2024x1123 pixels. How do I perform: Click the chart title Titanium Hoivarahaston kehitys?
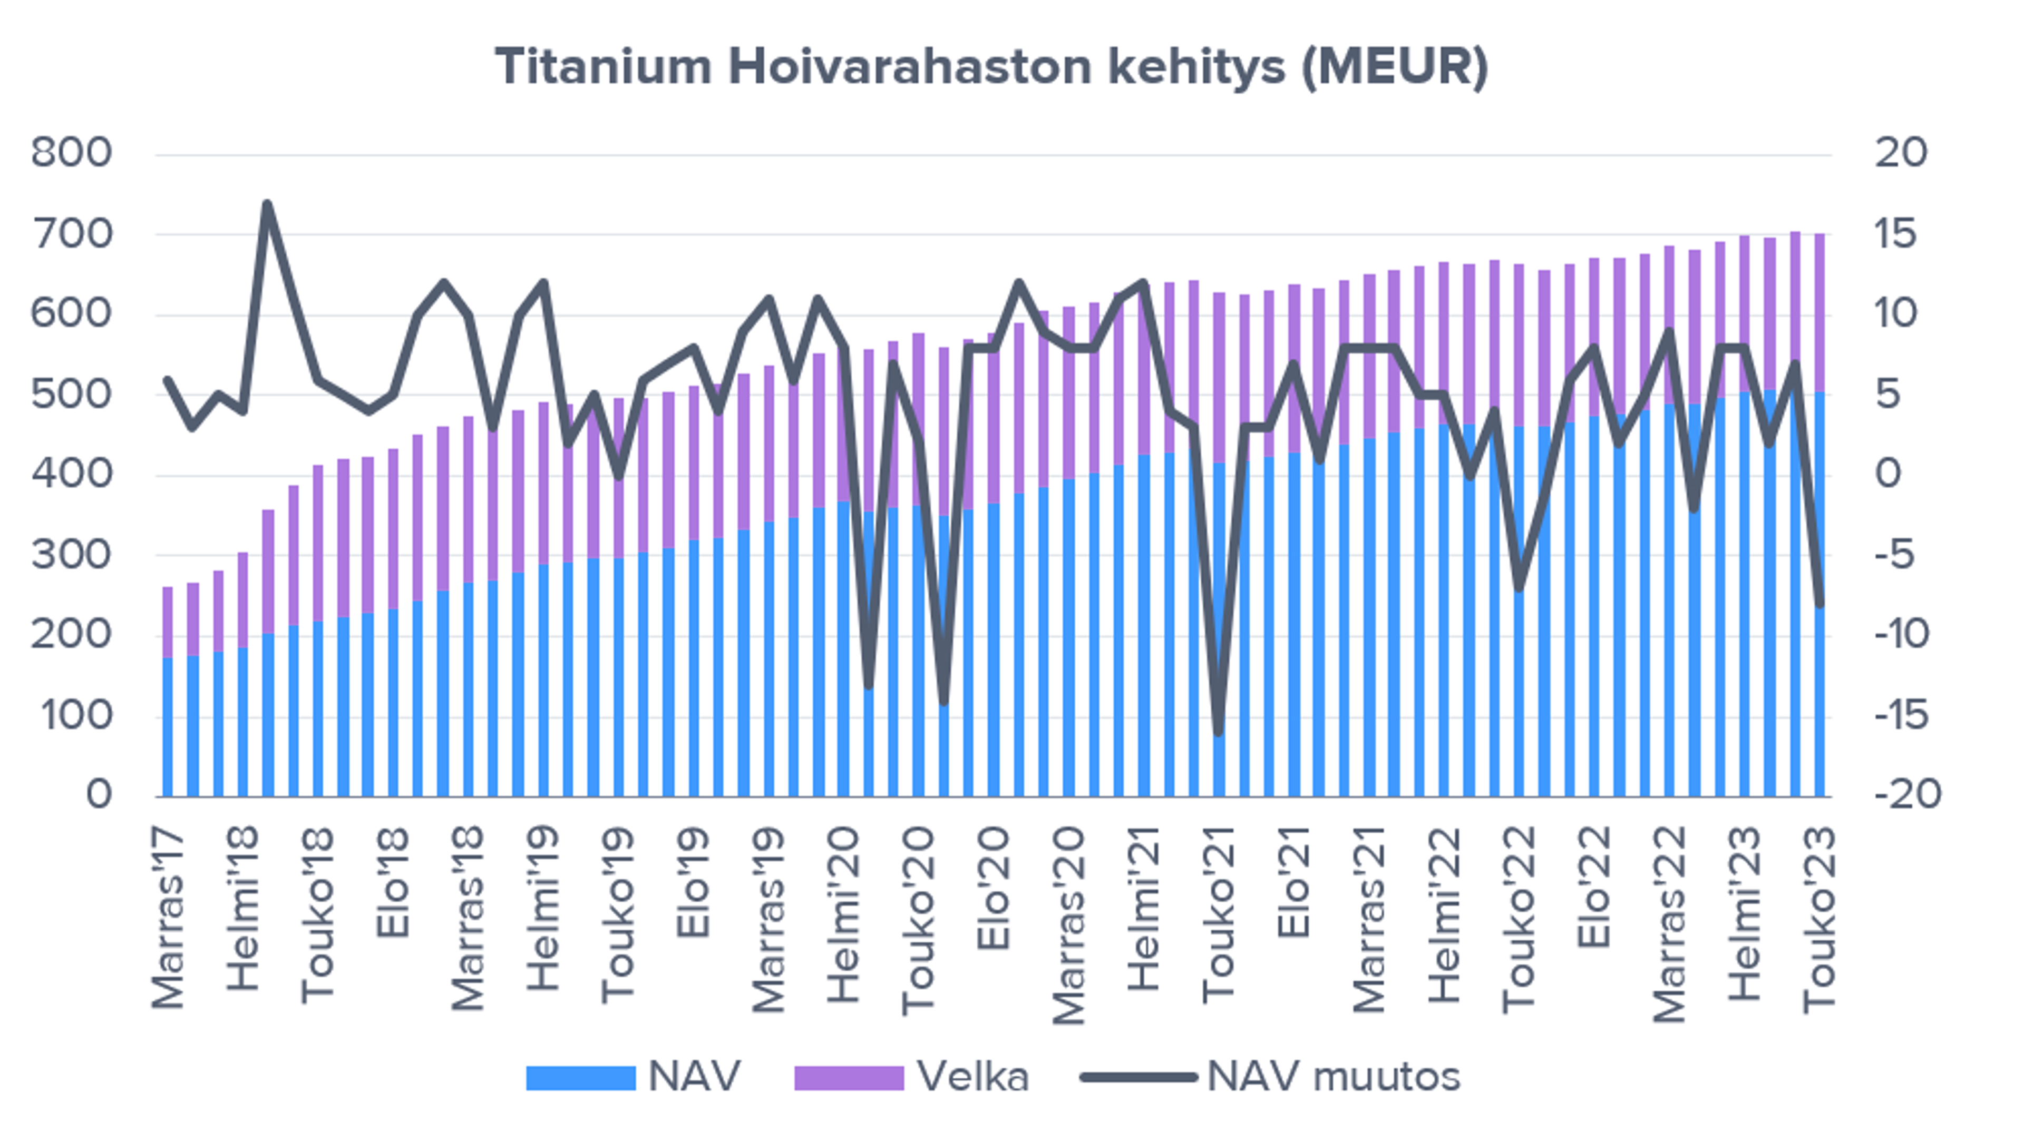click(x=991, y=67)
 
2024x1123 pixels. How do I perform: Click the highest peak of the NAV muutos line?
click(x=268, y=204)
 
